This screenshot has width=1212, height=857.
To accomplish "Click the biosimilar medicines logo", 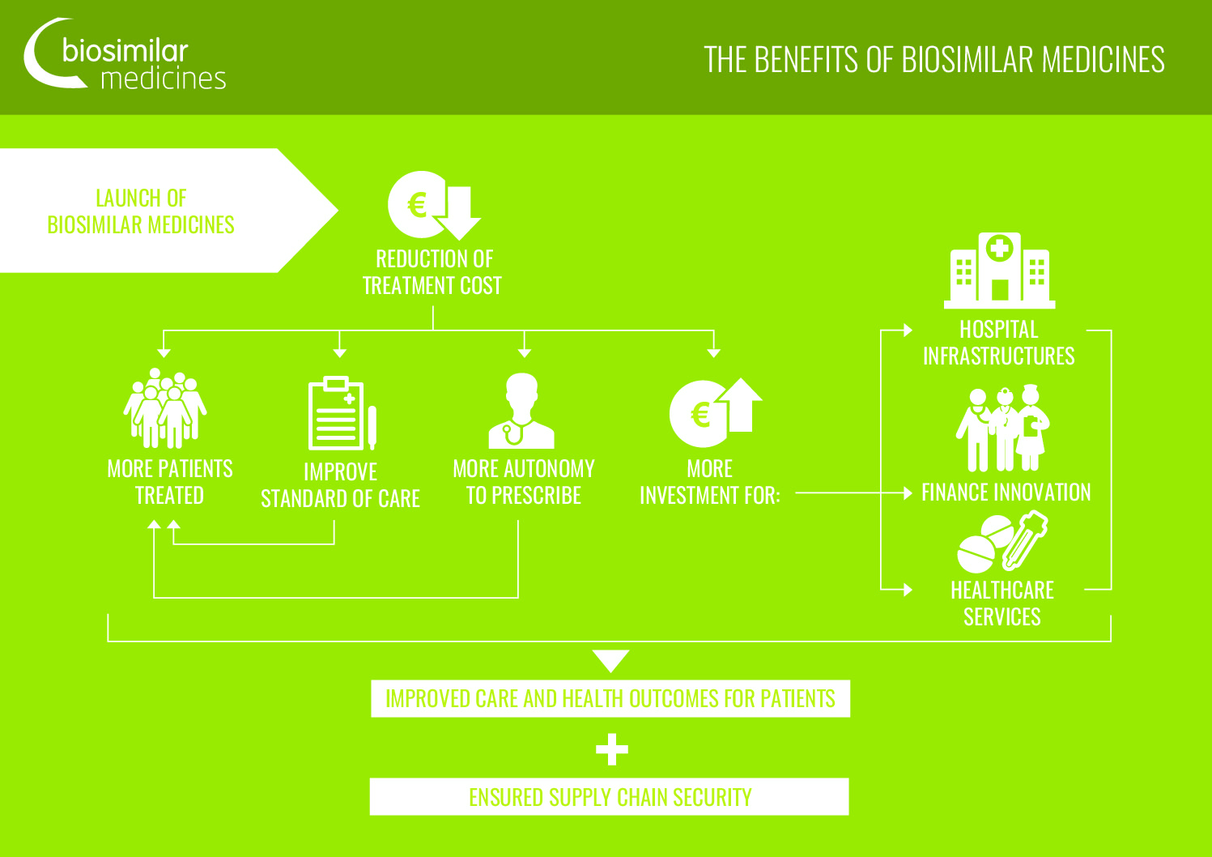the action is pyautogui.click(x=125, y=54).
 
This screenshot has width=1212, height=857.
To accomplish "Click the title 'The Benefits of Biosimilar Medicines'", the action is pyautogui.click(x=933, y=59).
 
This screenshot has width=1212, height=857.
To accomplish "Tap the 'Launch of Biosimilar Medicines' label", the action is pyautogui.click(x=141, y=211).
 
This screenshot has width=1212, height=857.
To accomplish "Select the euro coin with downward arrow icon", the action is pyautogui.click(x=434, y=205).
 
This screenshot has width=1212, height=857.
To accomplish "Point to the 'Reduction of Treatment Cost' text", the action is pyautogui.click(x=432, y=272).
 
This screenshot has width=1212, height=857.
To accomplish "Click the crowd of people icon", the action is pyautogui.click(x=165, y=408).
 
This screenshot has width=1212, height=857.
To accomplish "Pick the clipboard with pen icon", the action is pyautogui.click(x=342, y=412).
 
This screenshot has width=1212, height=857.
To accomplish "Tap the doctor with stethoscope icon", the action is pyautogui.click(x=521, y=411).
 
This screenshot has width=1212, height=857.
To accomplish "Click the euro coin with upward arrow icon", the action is pyautogui.click(x=715, y=412).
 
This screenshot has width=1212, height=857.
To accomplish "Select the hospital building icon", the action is pyautogui.click(x=999, y=271).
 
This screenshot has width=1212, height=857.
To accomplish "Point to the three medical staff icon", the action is pyautogui.click(x=1002, y=428).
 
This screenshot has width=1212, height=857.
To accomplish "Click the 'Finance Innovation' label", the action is pyautogui.click(x=1006, y=492).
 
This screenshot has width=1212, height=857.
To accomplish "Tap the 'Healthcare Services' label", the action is pyautogui.click(x=1002, y=603).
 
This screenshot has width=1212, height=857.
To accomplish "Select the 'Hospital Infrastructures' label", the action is pyautogui.click(x=999, y=343).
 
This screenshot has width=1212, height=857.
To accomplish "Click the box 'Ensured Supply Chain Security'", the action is pyautogui.click(x=610, y=796).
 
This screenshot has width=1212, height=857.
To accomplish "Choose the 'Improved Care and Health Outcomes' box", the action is pyautogui.click(x=610, y=698).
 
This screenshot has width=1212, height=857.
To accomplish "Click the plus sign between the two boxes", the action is pyautogui.click(x=612, y=749).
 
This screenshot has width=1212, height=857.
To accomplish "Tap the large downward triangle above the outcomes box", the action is pyautogui.click(x=611, y=660).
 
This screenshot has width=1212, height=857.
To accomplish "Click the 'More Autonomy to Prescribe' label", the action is pyautogui.click(x=524, y=482).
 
